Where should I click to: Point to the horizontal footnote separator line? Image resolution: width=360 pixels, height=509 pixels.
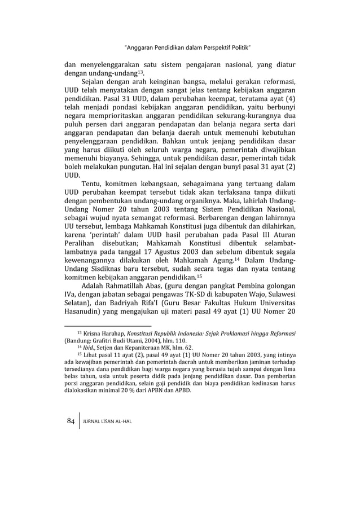tap(108, 326)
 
